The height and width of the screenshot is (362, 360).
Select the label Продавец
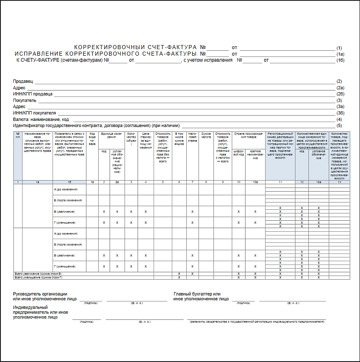23,81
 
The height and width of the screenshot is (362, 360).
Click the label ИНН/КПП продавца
33,94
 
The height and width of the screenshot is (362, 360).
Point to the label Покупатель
25,100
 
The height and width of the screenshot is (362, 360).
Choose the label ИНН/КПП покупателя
34,113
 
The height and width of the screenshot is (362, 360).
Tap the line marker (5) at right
339,125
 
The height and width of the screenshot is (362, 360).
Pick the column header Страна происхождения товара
249,136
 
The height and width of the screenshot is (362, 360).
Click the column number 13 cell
339,182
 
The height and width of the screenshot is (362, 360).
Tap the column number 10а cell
255,182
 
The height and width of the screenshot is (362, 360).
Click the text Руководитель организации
40,294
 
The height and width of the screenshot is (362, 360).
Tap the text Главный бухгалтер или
197,294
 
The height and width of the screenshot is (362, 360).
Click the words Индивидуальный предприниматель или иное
41,310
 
